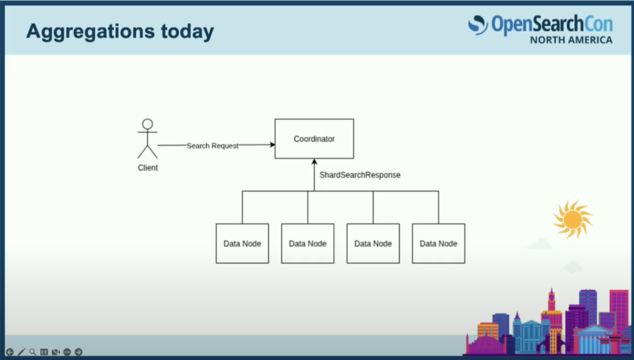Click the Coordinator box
click(x=314, y=139)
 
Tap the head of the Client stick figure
click(x=147, y=124)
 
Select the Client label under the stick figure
click(x=148, y=168)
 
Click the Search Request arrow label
click(x=212, y=145)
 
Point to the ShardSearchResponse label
click(x=360, y=175)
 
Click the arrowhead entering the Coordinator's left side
click(x=272, y=145)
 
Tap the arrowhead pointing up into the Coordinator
click(x=314, y=162)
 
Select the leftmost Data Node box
click(x=243, y=244)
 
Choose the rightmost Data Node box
click(x=439, y=244)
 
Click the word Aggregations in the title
click(x=90, y=32)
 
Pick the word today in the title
click(x=188, y=31)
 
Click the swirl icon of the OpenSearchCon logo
click(x=478, y=25)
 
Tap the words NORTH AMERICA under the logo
click(x=571, y=40)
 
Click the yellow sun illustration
click(x=573, y=219)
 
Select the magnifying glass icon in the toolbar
click(x=33, y=352)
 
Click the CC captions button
click(x=44, y=352)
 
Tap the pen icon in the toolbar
click(x=21, y=352)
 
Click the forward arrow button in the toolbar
click(x=78, y=352)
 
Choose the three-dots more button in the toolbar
click(x=67, y=352)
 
